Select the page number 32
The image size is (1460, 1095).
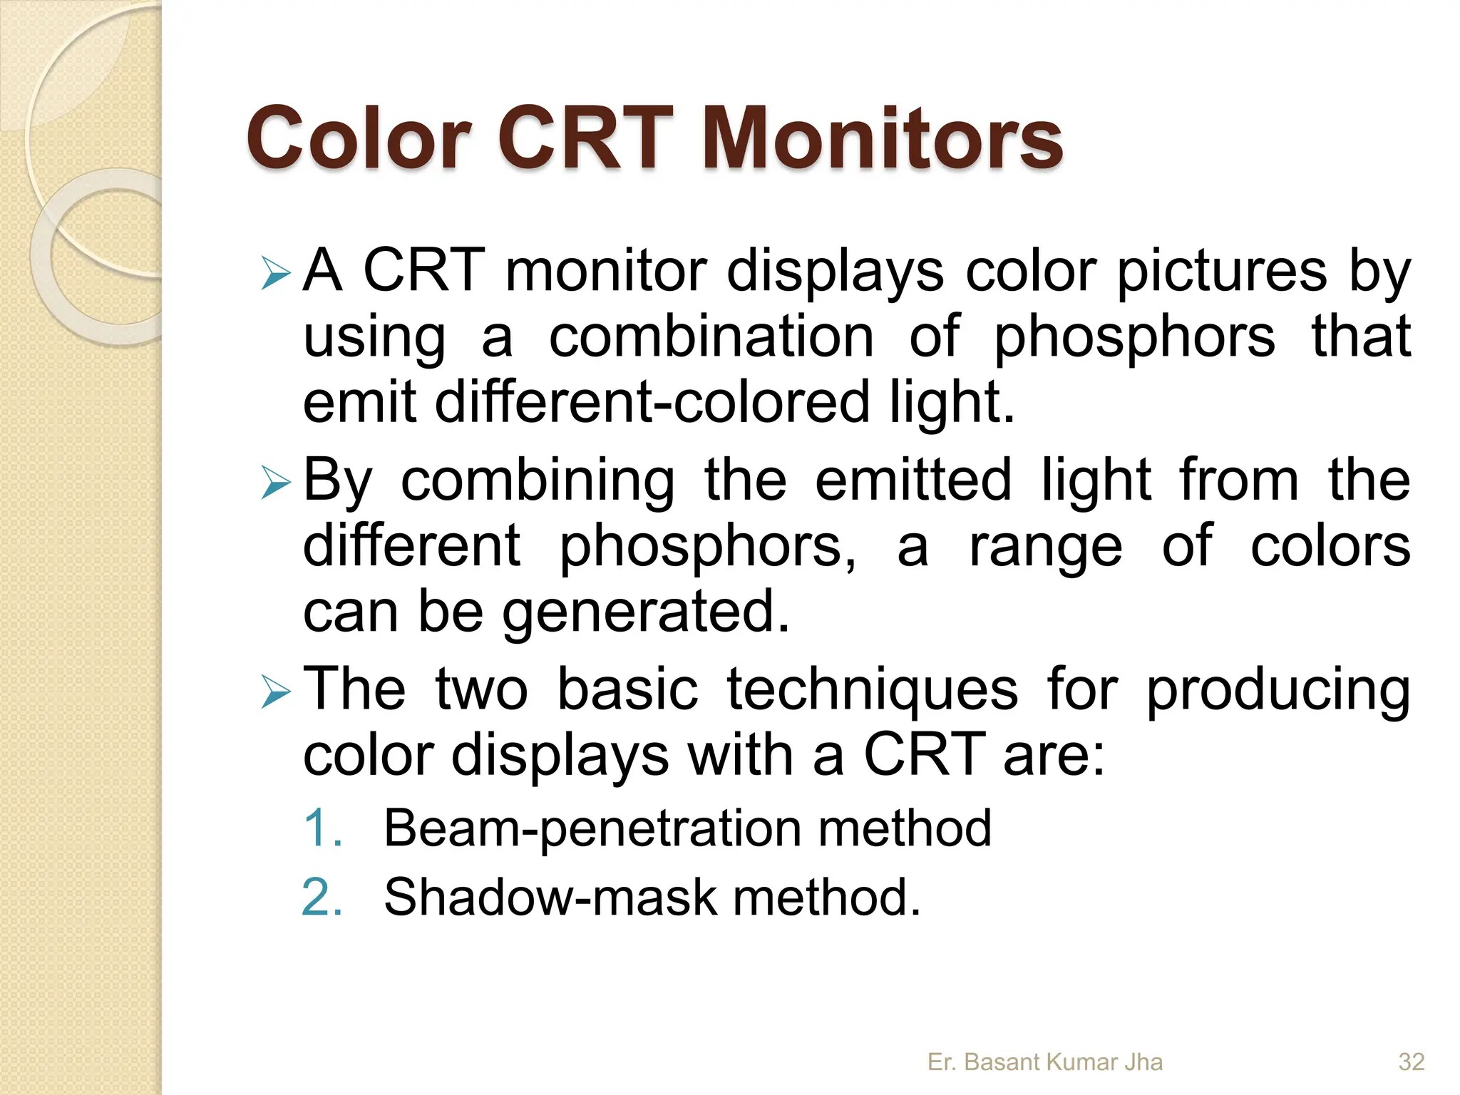pos(1411,1061)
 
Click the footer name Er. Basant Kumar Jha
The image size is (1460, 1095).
pos(1044,1061)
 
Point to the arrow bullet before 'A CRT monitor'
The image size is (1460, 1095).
pos(275,274)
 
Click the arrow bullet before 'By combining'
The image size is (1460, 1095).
pos(275,483)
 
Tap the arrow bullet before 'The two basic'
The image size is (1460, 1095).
pos(275,692)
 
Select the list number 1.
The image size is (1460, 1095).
pos(322,828)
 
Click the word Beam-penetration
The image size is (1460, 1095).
pos(592,829)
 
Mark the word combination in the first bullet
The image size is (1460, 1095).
pos(711,337)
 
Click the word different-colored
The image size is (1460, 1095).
pos(652,401)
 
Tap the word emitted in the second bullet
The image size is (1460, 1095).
pos(912,480)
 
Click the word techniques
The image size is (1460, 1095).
pos(872,690)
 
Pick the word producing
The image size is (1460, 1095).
pos(1277,690)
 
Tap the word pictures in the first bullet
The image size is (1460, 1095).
pos(1221,272)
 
